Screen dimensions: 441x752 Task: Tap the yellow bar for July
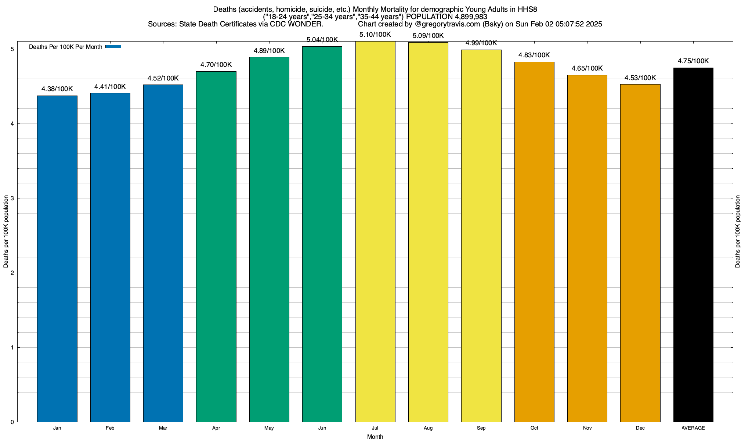[375, 232]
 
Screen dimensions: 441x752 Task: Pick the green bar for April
[216, 247]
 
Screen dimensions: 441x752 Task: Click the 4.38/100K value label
[57, 89]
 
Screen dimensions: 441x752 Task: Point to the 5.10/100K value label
[375, 35]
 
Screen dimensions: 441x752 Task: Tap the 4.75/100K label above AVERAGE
[693, 61]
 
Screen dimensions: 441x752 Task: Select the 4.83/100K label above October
[534, 55]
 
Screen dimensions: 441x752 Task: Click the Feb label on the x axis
[110, 428]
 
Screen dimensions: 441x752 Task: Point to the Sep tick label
[481, 428]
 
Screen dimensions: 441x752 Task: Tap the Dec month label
[640, 428]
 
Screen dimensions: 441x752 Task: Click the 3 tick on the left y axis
[12, 198]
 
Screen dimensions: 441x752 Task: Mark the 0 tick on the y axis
[12, 422]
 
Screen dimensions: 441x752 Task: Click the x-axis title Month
[375, 437]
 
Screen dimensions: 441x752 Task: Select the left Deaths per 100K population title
[6, 232]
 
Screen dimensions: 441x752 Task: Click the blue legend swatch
[113, 47]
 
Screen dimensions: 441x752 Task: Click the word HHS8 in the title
[527, 9]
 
